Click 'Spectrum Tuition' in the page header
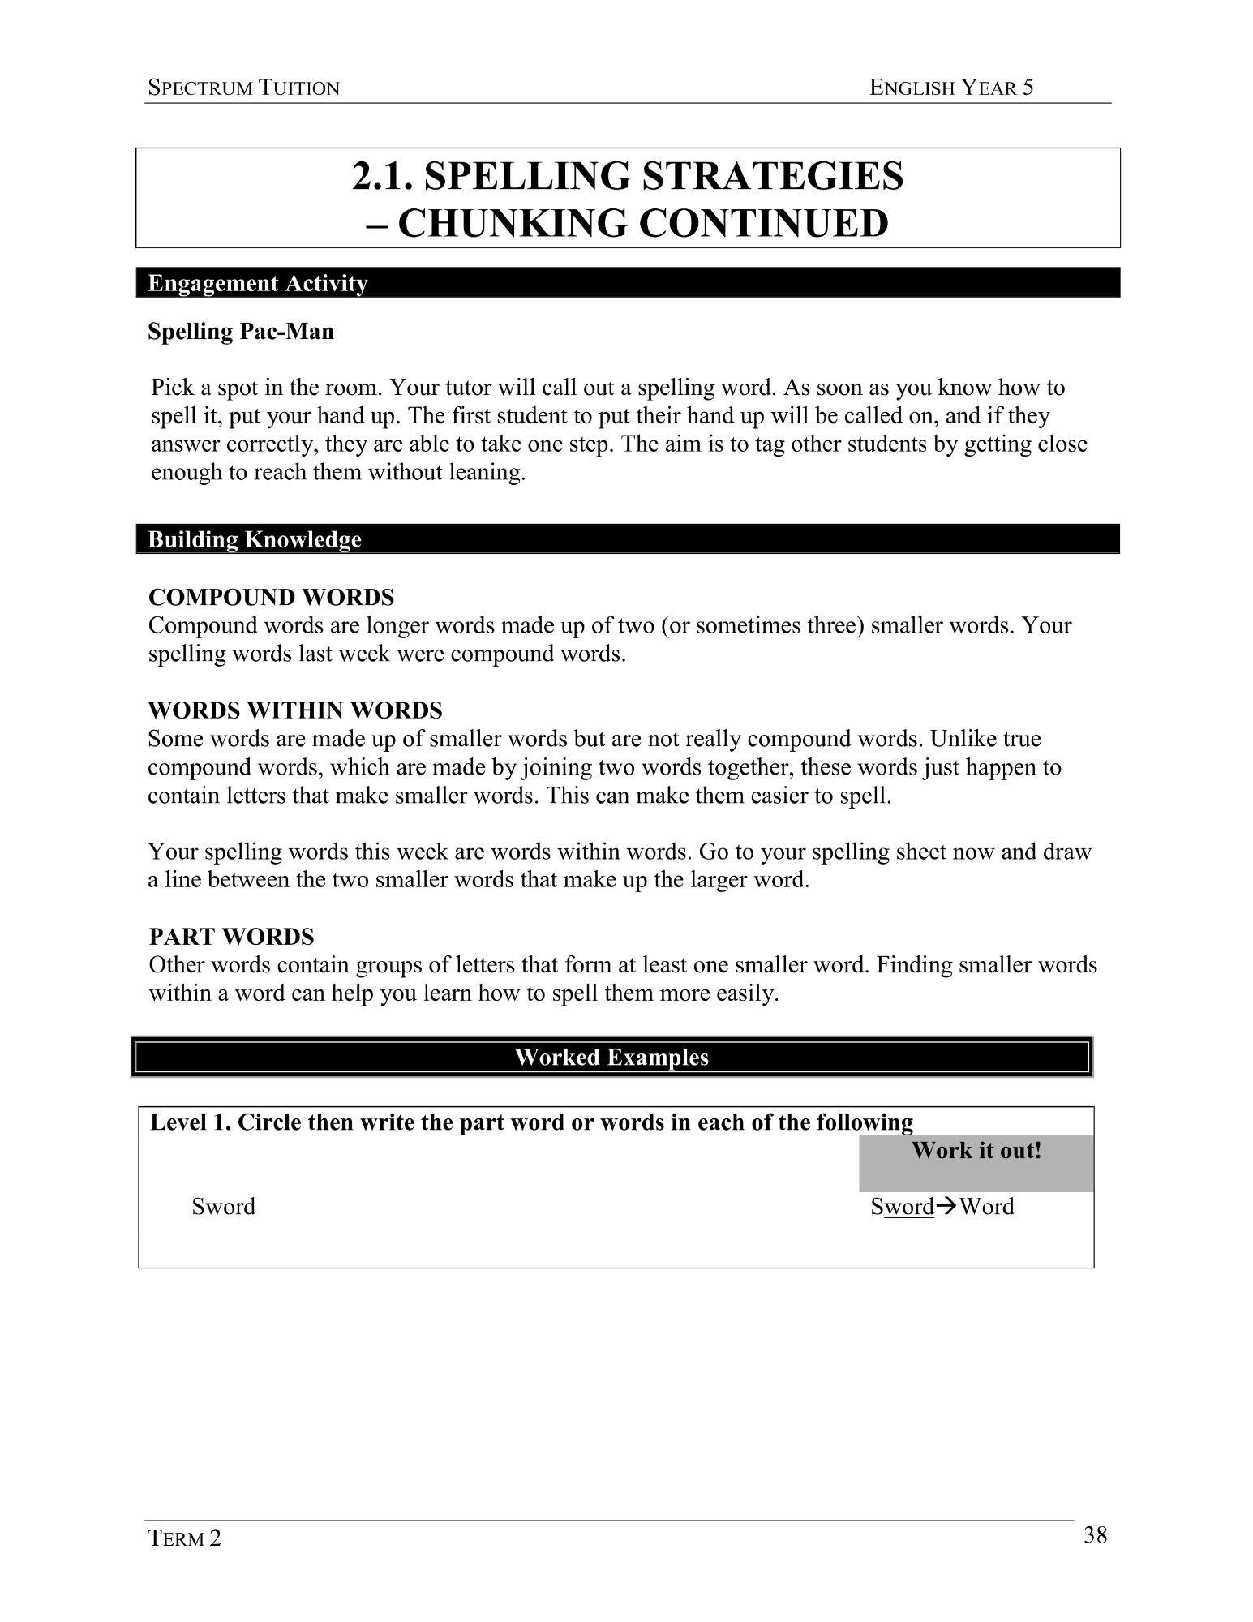tap(243, 88)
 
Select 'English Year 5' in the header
tap(951, 88)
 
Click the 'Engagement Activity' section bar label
tap(258, 283)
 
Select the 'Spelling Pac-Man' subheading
tap(241, 332)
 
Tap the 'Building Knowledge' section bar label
tap(255, 539)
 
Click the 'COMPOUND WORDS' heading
tap(272, 598)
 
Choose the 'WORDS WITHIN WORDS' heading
tap(295, 710)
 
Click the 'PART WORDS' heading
tap(231, 937)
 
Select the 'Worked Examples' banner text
tap(611, 1057)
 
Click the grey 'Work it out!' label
tap(976, 1151)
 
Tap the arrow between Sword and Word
tap(946, 1207)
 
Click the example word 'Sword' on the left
tap(223, 1207)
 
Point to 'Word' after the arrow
tap(987, 1207)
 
